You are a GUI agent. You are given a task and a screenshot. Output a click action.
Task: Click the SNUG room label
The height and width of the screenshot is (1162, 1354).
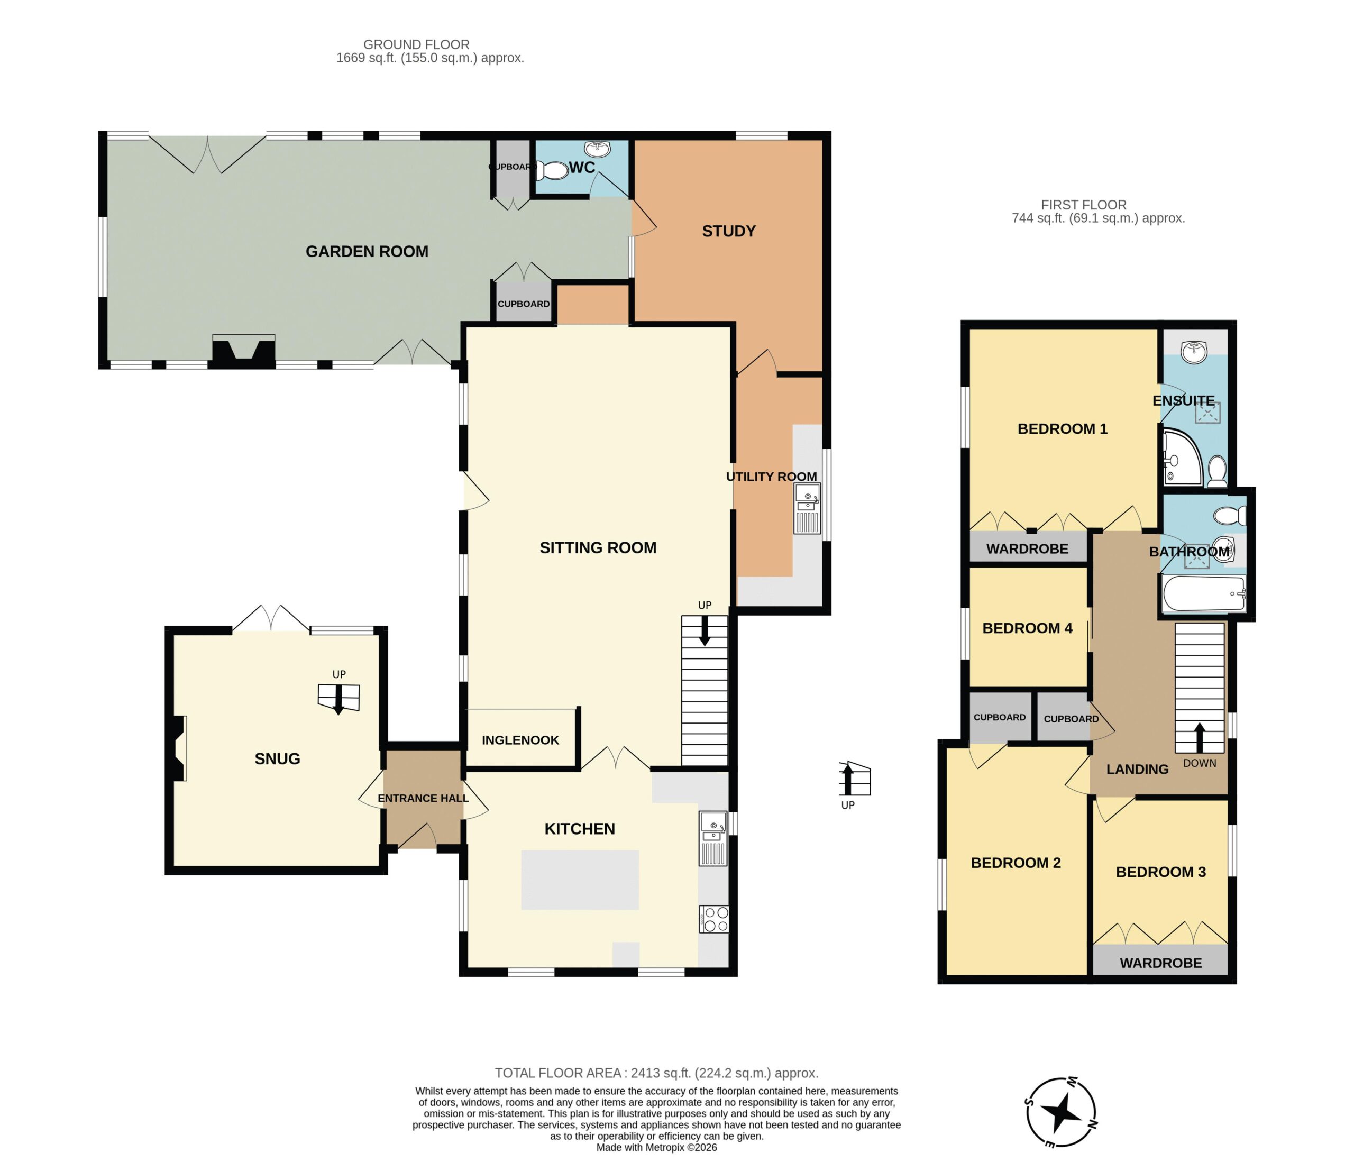[277, 759]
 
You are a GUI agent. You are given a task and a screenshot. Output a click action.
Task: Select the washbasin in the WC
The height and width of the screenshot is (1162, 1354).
[597, 149]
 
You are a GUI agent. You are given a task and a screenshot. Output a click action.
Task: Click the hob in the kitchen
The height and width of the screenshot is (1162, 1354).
[713, 919]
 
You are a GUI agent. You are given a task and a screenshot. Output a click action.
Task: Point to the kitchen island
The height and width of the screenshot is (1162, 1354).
[580, 880]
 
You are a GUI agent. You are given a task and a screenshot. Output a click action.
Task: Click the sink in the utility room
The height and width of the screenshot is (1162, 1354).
[808, 508]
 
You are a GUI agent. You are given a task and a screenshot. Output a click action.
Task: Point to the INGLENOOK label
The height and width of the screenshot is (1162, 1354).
[520, 740]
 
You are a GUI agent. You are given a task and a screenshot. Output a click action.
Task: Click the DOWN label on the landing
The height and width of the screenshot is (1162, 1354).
[1200, 763]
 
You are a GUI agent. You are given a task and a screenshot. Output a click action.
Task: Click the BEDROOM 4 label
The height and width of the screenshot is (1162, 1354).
[1027, 628]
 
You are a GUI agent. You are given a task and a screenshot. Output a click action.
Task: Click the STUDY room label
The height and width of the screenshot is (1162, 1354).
[729, 231]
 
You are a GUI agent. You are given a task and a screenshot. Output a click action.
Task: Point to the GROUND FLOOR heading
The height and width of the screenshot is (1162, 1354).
[416, 44]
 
